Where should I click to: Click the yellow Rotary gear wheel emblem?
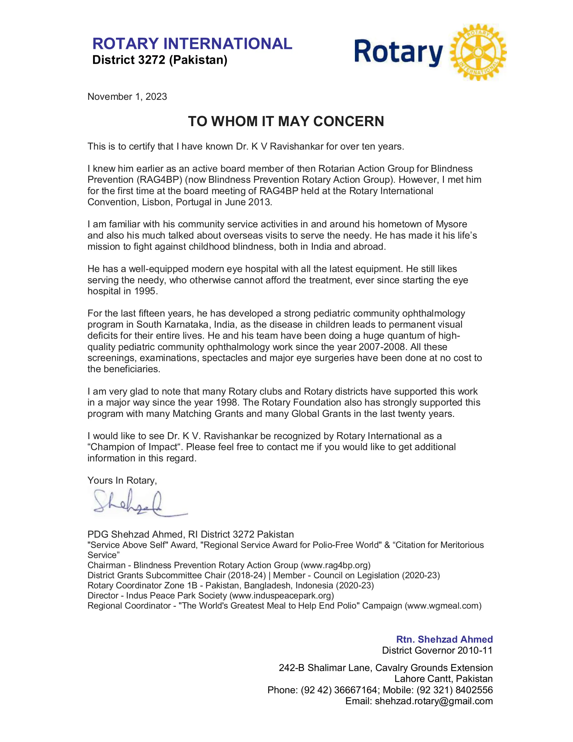click(478, 52)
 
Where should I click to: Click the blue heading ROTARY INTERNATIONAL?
click(192, 44)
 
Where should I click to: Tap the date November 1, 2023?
click(127, 97)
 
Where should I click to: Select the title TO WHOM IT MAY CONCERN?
click(286, 122)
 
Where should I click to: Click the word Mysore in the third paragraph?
click(451, 224)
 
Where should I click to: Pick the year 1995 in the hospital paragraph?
click(145, 291)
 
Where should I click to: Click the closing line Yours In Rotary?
click(122, 480)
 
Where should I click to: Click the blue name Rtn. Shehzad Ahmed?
click(444, 639)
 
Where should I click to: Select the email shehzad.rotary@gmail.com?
click(433, 701)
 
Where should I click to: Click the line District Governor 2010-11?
click(437, 650)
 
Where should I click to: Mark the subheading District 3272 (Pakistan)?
click(159, 60)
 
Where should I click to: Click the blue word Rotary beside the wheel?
click(398, 53)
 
